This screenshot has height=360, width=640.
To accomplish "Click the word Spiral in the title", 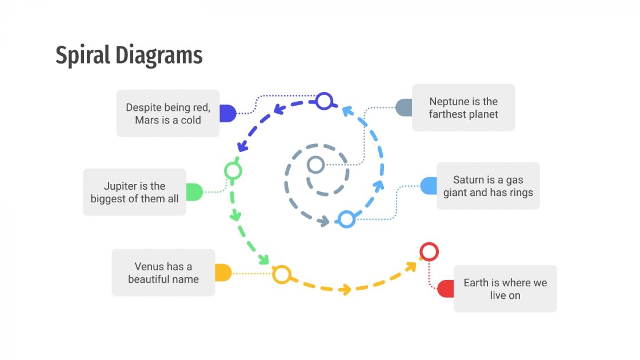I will point(83,56).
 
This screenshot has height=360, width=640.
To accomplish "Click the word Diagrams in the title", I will point(159,56).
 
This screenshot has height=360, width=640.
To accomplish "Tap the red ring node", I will point(429,251).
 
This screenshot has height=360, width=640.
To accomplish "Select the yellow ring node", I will point(281,274).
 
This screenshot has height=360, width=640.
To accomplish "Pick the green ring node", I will point(233,170).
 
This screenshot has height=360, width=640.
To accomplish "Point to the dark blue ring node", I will point(324,101).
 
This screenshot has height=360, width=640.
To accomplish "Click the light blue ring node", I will point(346,219).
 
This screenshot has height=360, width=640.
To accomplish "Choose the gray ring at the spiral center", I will point(315,165).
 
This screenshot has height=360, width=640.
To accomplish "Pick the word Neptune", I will point(449,102).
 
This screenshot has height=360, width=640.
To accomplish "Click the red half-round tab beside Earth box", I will point(446,289).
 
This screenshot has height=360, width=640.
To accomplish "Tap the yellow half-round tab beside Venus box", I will point(223,273).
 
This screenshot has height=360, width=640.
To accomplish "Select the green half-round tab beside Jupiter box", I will point(194,192).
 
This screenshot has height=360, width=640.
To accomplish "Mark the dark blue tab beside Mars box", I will point(228,113).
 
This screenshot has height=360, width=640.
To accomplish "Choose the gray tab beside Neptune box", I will point(404,107).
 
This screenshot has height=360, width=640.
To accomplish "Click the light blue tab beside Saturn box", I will point(429,186).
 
